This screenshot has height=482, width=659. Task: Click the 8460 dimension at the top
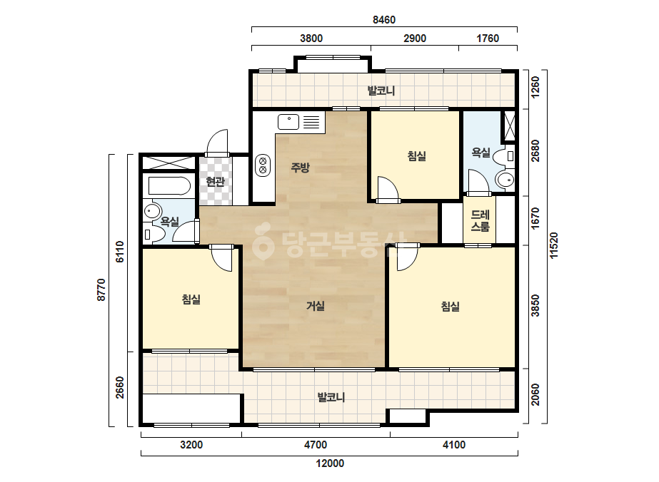click(x=384, y=20)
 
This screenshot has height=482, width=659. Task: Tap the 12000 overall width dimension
click(x=330, y=463)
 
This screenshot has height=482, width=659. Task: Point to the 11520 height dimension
click(x=554, y=245)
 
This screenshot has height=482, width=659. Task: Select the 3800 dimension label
click(x=311, y=39)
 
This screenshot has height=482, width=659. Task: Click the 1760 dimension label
click(x=488, y=39)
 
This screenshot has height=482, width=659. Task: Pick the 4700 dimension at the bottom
click(x=316, y=445)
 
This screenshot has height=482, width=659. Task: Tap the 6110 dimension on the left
click(x=120, y=252)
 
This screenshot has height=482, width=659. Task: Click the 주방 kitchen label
click(x=300, y=168)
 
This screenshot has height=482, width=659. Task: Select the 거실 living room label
click(x=315, y=306)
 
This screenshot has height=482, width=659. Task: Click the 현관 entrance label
click(x=215, y=181)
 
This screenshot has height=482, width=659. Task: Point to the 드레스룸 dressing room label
click(x=480, y=221)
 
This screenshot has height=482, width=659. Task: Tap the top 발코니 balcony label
click(x=381, y=91)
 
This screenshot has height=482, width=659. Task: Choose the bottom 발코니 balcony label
click(x=331, y=396)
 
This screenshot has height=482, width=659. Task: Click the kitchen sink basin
click(x=288, y=122)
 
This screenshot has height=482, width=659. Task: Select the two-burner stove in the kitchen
click(x=263, y=165)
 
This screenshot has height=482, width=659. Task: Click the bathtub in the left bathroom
click(x=169, y=186)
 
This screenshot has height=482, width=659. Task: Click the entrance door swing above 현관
click(x=217, y=143)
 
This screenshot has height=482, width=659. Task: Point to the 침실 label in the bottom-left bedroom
click(x=191, y=299)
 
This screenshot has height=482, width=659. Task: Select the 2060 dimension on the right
click(x=535, y=395)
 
